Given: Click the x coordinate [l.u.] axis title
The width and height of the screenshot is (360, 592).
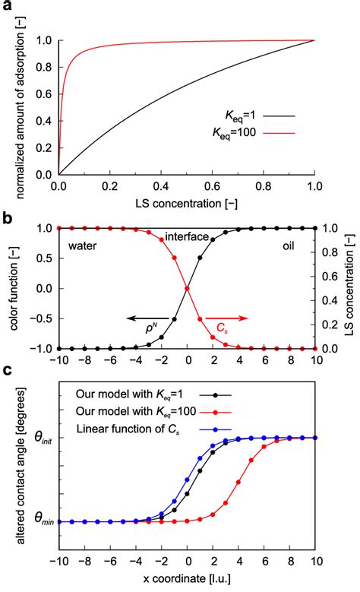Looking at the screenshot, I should point(185,584).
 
